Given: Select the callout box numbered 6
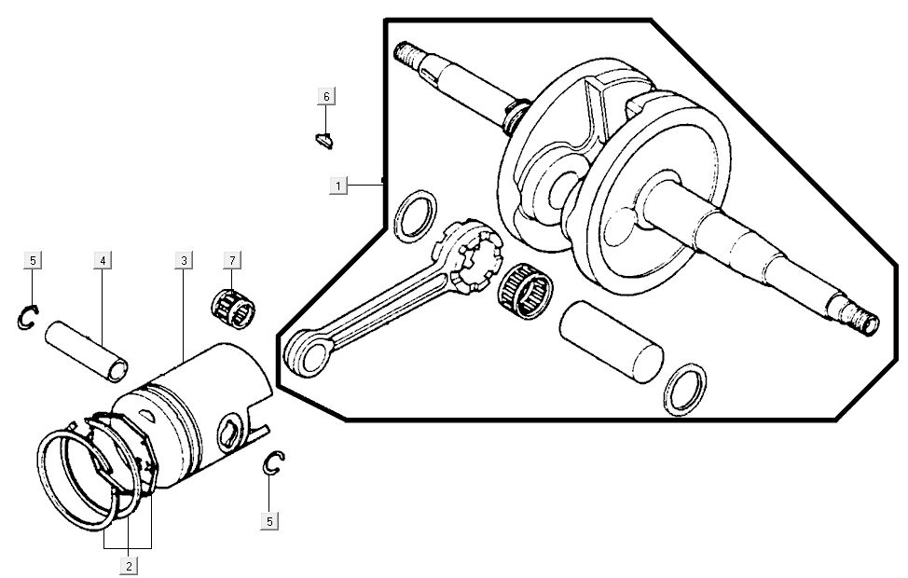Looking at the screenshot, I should pos(326,97).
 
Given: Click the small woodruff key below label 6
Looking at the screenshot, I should pos(323,142).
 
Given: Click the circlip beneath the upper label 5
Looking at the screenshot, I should pos(27,317).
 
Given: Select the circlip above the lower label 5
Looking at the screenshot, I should pos(273,463).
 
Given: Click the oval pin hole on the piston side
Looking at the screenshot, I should pos(228,433).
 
